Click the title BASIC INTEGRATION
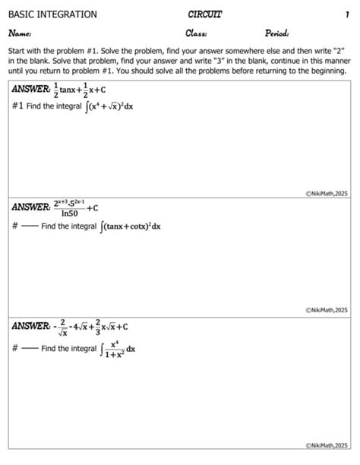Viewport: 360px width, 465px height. [x=52, y=14]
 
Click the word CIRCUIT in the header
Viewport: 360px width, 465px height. [x=204, y=14]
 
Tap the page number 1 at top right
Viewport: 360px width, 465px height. [x=346, y=14]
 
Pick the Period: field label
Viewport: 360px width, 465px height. [x=278, y=33]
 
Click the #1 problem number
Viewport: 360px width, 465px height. [x=17, y=106]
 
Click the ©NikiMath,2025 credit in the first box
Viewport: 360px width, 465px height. [x=326, y=194]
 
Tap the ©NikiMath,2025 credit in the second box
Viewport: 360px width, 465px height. [x=326, y=310]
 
